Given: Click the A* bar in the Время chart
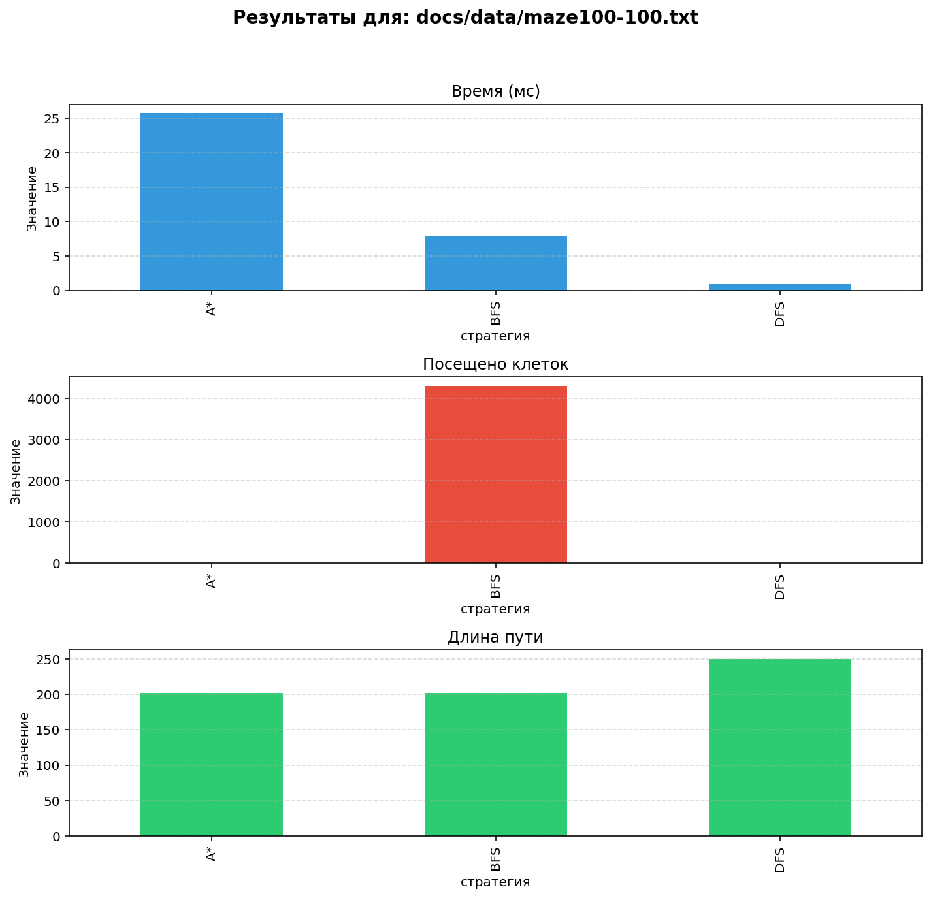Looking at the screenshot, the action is (212, 202).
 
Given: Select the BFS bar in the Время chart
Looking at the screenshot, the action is (496, 263).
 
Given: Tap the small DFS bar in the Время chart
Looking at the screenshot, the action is (780, 287).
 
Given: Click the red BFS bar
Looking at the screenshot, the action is (496, 474).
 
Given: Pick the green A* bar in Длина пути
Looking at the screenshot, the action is (212, 764).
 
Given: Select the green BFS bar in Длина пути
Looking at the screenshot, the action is (496, 764).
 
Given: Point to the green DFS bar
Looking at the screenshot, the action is (780, 747).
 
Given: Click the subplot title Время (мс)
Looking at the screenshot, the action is (496, 91).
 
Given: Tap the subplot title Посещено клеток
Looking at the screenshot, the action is (496, 364).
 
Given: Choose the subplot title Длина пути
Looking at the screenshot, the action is (496, 637).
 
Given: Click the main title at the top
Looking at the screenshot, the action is (465, 18).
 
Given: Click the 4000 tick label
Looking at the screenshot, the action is (44, 399).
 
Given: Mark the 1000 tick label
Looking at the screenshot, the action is (44, 522).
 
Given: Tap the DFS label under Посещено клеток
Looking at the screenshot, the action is (780, 586).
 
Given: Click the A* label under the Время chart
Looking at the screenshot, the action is (212, 309).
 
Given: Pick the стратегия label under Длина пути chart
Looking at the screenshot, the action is (495, 882).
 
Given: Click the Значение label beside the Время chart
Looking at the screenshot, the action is (31, 199).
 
